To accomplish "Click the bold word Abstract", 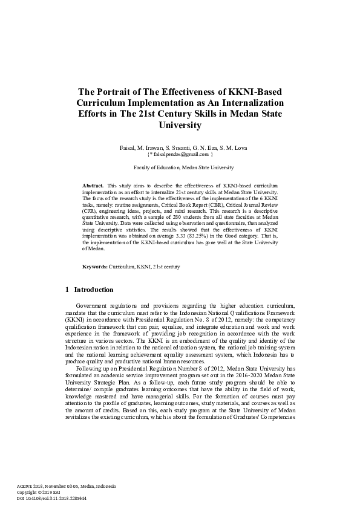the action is click(93, 184).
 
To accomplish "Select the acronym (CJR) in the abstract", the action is click(91, 210).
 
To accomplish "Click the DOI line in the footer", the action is click(51, 498).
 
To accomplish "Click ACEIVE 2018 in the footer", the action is click(30, 486).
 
